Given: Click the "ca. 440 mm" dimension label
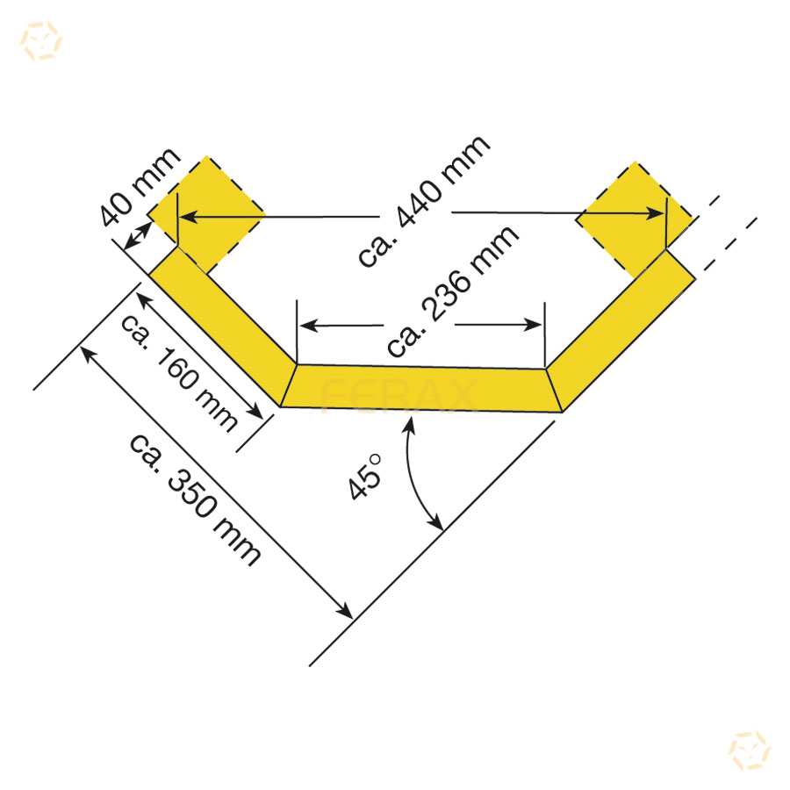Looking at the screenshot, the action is tap(424, 201).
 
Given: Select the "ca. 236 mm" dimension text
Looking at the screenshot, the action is tap(452, 291).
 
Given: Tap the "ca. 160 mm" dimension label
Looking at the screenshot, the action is tap(178, 373).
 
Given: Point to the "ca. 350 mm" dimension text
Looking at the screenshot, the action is tap(195, 499).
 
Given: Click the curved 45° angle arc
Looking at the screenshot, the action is tap(418, 474).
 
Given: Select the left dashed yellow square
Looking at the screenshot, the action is tap(206, 214).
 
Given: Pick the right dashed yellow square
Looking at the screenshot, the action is tap(635, 219).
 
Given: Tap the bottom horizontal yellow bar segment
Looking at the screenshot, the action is tap(421, 387).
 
